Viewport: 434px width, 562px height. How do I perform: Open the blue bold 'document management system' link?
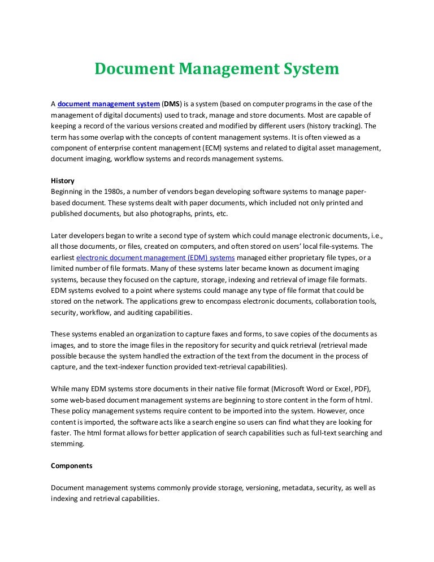pos(108,104)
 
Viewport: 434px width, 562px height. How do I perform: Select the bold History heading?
pos(62,181)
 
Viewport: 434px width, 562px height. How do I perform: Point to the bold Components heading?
pos(72,466)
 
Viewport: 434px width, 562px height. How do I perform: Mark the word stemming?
pos(67,444)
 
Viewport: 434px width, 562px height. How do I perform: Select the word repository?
pos(202,345)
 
